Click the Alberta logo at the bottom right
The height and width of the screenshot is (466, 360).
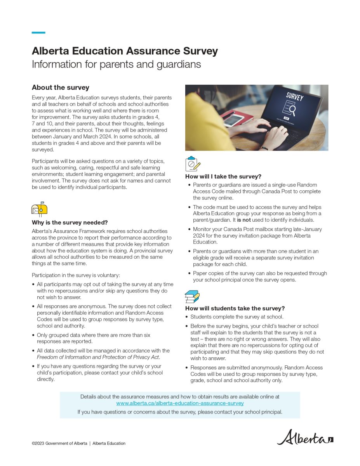(305, 437)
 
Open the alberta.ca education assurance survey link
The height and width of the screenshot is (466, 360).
(180, 403)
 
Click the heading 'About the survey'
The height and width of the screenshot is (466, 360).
(61, 87)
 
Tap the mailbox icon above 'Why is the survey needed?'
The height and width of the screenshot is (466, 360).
(39, 209)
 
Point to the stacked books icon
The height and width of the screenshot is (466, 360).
(192, 297)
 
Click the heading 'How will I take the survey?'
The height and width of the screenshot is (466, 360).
(223, 176)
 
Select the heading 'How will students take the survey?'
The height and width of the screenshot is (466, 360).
(235, 308)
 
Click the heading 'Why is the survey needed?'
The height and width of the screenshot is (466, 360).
(70, 223)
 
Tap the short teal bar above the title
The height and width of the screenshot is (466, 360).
(38, 33)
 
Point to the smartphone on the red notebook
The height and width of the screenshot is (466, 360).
(234, 119)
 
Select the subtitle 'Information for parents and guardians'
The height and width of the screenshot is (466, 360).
(116, 64)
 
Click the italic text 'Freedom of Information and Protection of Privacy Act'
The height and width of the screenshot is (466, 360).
(98, 357)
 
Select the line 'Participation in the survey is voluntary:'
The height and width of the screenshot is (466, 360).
(76, 275)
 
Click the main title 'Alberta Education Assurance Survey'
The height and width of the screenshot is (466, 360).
(125, 51)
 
